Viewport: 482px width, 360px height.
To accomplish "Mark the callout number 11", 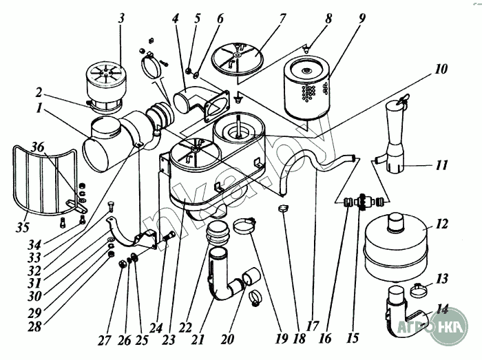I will point(441,165).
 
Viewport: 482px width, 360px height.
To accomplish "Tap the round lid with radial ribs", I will point(235,54).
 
